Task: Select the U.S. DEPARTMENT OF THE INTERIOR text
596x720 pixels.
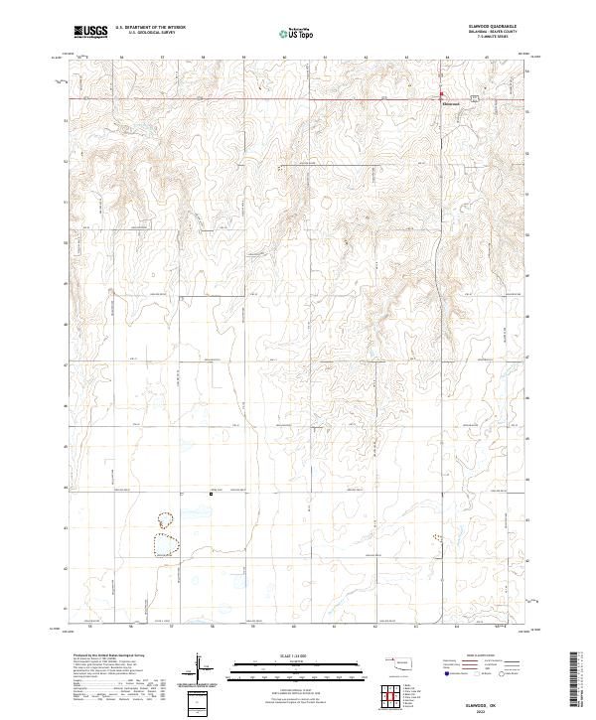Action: [x=150, y=27]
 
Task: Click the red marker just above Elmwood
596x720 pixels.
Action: [x=443, y=95]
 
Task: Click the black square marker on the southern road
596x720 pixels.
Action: [x=210, y=493]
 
